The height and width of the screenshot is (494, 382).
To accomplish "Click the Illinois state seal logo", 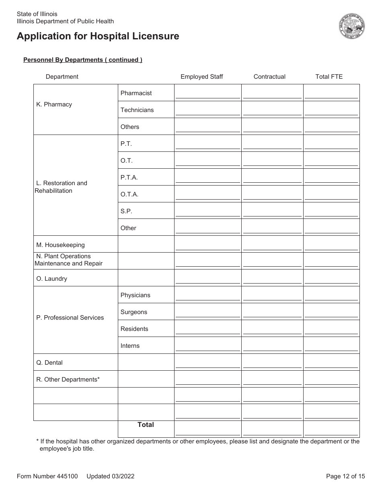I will pos(352,26).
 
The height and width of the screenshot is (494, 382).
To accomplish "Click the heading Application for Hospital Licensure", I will pos(98,36).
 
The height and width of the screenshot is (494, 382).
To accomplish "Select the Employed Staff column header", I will pos(201,77).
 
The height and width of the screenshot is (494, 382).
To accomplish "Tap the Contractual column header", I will pos(269,77).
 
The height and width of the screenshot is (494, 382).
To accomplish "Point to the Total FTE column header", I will pos(329,77).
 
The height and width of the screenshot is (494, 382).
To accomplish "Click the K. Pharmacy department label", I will pos(54,104).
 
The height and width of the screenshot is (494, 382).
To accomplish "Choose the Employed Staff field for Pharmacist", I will pos(207,93).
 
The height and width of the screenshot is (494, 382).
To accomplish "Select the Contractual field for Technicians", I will pos(272,110).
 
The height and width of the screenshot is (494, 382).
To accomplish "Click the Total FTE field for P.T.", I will pos(331,144).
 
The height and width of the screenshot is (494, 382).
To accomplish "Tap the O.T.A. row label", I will pos(129,194).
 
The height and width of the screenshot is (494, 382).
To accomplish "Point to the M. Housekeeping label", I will pos(60,245).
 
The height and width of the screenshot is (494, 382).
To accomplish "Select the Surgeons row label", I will pos(134,312).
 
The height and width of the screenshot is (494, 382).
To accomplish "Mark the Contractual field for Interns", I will pos(272,346).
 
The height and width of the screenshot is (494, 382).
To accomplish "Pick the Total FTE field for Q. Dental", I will pos(331,363).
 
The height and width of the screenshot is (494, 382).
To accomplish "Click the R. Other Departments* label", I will pos(68,380).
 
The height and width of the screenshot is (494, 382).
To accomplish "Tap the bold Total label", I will pos(146,425).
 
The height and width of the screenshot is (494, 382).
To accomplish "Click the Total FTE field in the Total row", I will pos(331,430).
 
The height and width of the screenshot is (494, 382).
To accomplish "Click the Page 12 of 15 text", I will pos(345,476).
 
